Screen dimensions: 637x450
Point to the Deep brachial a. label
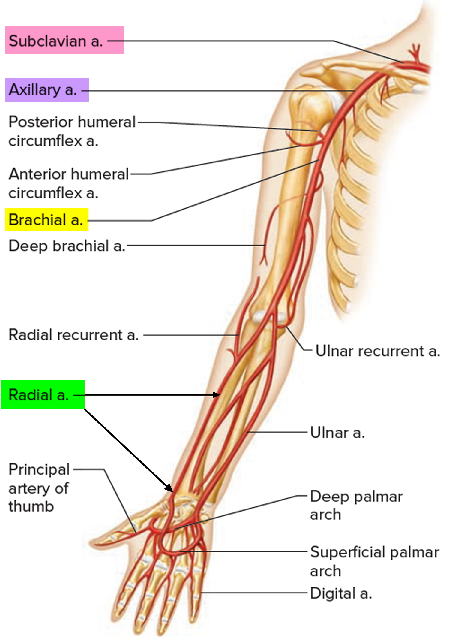point(67,246)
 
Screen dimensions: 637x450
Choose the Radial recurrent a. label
point(74,335)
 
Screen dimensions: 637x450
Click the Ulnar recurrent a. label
point(378,351)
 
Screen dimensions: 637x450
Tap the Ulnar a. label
point(337,433)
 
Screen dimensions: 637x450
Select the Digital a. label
point(341,593)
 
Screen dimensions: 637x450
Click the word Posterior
point(41,122)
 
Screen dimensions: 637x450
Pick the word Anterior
point(37,174)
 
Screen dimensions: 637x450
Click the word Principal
point(39,469)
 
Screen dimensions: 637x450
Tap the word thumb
point(31,506)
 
